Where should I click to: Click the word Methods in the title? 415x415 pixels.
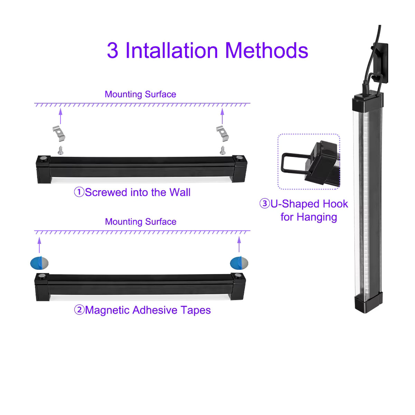(267, 50)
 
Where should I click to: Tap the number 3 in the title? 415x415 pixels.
(112, 50)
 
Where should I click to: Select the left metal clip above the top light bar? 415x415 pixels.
(59, 133)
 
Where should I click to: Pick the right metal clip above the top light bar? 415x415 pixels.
(222, 133)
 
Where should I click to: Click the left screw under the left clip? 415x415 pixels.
(61, 150)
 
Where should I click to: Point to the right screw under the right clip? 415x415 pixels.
(222, 150)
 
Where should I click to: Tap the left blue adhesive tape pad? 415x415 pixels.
(39, 263)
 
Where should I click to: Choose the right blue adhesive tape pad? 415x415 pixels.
(239, 263)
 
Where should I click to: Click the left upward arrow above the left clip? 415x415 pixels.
(61, 116)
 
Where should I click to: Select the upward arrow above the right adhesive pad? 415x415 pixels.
(239, 244)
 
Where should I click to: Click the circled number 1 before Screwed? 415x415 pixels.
(79, 192)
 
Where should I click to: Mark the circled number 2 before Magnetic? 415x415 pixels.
(79, 310)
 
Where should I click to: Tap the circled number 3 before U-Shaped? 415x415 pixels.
(265, 203)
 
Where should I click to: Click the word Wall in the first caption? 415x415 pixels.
(180, 192)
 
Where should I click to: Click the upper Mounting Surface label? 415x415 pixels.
(140, 94)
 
